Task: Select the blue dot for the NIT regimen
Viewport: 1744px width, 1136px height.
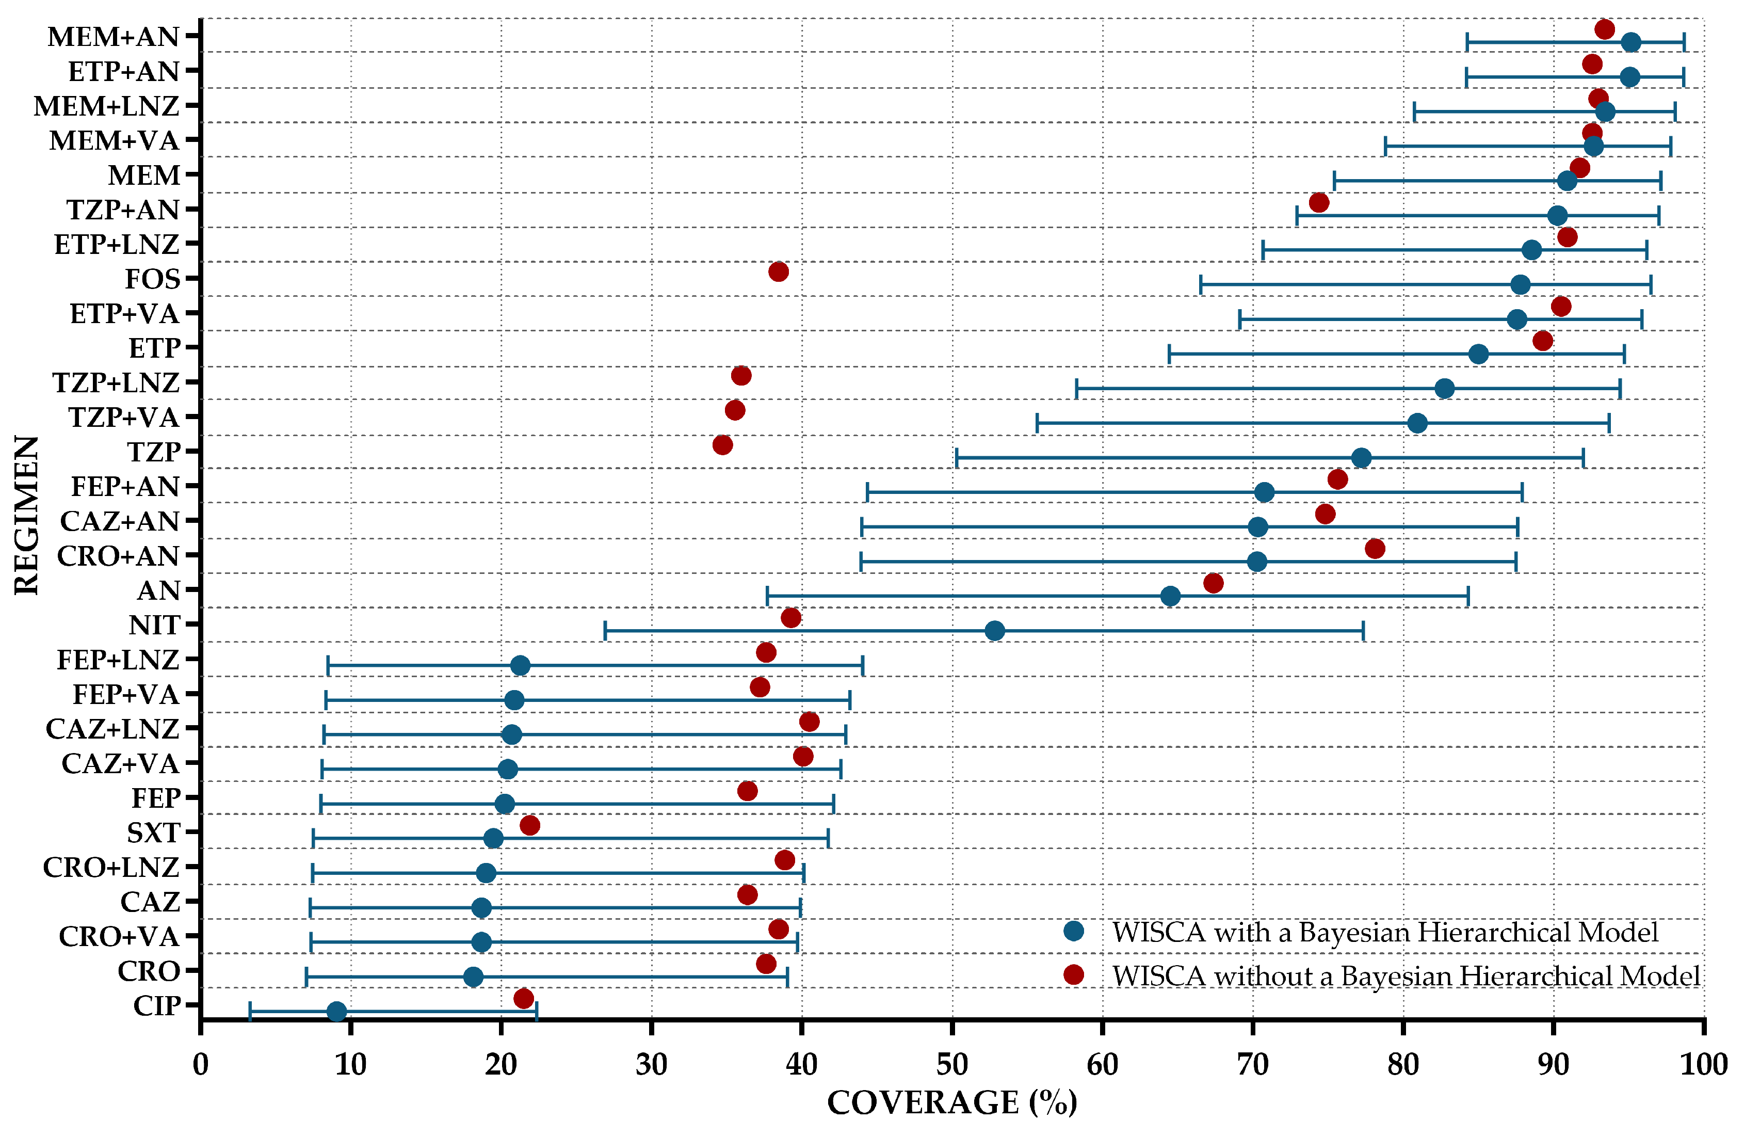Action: (994, 630)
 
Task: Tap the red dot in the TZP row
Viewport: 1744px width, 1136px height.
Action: (722, 445)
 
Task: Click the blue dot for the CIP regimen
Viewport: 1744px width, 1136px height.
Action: (336, 1012)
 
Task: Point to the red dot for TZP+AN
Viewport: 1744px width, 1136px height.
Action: (1319, 202)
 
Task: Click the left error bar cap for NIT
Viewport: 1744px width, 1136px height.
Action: (605, 630)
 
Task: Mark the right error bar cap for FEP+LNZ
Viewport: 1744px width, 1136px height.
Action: (863, 665)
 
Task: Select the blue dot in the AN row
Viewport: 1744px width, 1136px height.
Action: (1171, 596)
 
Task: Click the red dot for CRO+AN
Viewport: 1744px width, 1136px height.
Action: (1376, 548)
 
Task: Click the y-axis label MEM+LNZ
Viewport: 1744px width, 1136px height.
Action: (107, 106)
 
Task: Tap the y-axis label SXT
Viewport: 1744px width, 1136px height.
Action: (153, 833)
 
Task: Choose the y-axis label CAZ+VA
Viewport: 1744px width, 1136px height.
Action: (120, 764)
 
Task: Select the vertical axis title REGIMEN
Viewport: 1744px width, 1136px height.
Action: (26, 515)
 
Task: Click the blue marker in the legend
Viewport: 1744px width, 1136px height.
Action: (1074, 931)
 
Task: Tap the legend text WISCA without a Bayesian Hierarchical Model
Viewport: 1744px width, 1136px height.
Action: (1406, 975)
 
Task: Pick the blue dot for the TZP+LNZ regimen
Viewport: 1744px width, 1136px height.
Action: (1444, 389)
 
